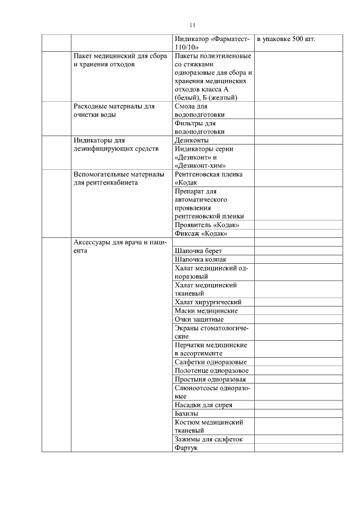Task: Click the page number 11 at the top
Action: pos(192,25)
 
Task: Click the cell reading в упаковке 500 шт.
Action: pos(286,40)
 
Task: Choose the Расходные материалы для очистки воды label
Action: pos(114,110)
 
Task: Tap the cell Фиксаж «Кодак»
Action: pos(201,233)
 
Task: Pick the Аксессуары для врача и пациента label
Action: pos(120,246)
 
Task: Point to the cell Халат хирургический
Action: pos(208,302)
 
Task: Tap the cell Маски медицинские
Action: pos(206,310)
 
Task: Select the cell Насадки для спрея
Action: pos(203,404)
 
